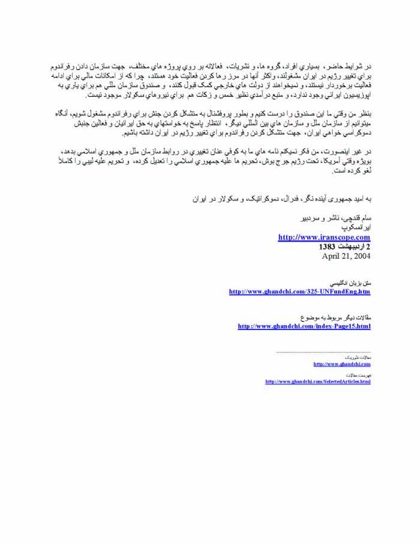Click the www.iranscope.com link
pyautogui.click(x=324, y=237)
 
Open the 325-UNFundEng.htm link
pyautogui.click(x=299, y=292)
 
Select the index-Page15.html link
pyautogui.click(x=304, y=326)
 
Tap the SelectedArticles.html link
pyautogui.click(x=317, y=382)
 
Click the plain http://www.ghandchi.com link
pyautogui.click(x=341, y=364)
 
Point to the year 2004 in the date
pyautogui.click(x=360, y=255)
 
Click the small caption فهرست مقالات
pyautogui.click(x=360, y=374)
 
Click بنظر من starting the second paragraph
pyautogui.click(x=359, y=115)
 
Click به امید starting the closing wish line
pyautogui.click(x=359, y=197)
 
